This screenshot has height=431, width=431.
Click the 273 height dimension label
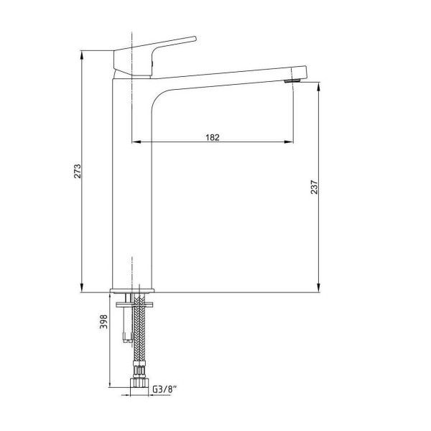click(x=78, y=171)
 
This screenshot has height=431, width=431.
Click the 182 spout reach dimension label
click(x=213, y=137)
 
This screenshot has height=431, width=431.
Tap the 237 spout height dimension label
click(x=314, y=187)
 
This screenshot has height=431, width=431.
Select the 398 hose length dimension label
click(x=103, y=322)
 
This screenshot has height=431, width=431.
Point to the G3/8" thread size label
click(x=164, y=389)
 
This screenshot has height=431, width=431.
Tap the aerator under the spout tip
click(x=293, y=80)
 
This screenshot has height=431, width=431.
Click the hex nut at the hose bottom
click(x=139, y=383)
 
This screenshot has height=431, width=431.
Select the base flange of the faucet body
click(x=132, y=290)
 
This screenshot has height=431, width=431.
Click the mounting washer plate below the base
click(x=134, y=305)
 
